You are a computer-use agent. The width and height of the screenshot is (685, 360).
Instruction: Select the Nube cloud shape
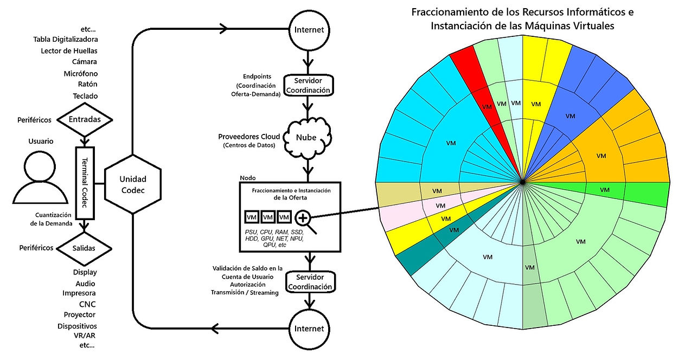pos(307,137)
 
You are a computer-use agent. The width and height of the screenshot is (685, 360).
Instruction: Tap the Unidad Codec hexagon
pos(133,184)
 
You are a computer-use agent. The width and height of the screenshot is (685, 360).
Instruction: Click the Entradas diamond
pos(85,119)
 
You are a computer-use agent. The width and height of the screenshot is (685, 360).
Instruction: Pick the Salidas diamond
pos(84,248)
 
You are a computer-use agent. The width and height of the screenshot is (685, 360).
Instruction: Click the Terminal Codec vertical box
pos(85,183)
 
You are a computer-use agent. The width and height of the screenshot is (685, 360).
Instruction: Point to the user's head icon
pos(40,166)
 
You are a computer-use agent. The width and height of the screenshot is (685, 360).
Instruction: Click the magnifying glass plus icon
pos(305,222)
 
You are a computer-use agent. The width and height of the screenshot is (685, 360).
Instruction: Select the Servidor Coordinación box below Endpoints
pos(308,85)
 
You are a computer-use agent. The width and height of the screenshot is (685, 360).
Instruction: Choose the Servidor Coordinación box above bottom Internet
pos(310,282)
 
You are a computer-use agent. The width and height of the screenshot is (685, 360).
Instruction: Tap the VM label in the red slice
pos(487,107)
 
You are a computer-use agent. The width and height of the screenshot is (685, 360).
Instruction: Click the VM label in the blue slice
pos(570,116)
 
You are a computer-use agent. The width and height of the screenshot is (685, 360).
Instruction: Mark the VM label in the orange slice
pos(601,156)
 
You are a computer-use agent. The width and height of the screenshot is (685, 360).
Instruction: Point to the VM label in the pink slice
pos(440,205)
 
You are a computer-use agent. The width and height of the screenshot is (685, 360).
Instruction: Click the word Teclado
pos(85,96)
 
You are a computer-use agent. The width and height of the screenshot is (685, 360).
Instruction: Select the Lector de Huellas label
pos(69,51)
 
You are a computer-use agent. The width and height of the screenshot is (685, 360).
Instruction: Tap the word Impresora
pos(79,293)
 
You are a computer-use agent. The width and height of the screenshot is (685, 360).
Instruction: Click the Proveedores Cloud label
pos(249,137)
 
